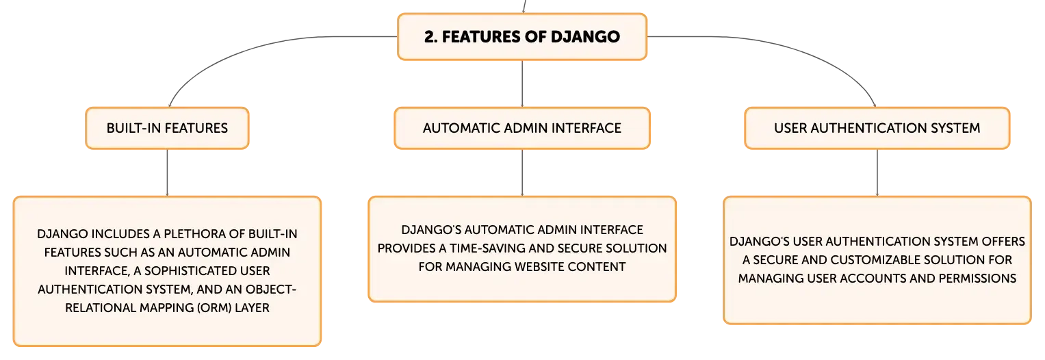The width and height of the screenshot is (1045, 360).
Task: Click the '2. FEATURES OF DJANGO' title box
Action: tap(522, 36)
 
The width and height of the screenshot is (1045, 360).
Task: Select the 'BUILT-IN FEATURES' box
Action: tap(167, 128)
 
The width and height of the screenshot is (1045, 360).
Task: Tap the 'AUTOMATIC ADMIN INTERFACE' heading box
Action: tap(522, 128)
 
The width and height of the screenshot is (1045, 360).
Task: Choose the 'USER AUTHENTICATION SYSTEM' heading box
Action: tap(877, 128)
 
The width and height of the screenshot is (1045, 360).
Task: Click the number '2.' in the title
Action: tap(430, 36)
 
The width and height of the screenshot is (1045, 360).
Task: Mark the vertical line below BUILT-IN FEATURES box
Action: tap(167, 172)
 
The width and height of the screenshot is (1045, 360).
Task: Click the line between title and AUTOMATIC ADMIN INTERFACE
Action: tap(522, 84)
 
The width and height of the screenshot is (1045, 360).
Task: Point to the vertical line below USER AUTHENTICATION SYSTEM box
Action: tap(877, 172)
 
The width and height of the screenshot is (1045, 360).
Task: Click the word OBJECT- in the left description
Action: tap(270, 289)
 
